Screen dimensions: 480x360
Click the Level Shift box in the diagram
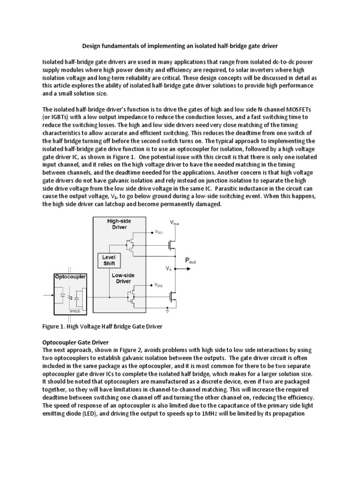pyautogui.click(x=109, y=260)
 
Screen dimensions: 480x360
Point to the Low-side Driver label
pyautogui.click(x=120, y=278)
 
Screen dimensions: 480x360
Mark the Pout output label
pyautogui.click(x=190, y=261)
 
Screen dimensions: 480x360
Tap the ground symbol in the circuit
pyautogui.click(x=167, y=310)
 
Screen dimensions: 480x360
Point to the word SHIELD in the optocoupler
pyautogui.click(x=75, y=310)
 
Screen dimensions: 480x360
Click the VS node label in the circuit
pyautogui.click(x=168, y=269)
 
